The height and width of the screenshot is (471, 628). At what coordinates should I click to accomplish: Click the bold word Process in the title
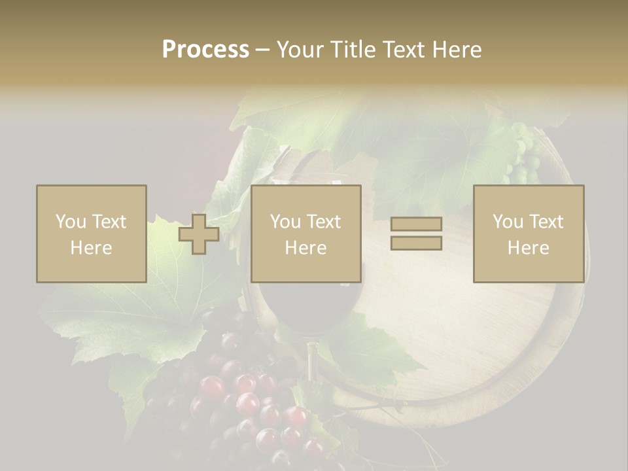pos(205,50)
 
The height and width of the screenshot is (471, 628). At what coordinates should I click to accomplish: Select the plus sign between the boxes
pos(199,234)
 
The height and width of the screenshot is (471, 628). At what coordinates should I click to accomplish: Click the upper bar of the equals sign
pos(416,224)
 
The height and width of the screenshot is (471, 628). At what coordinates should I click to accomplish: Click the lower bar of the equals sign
pos(416,243)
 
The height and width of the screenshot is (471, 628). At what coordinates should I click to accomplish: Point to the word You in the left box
pos(70,222)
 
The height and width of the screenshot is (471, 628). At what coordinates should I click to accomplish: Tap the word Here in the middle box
pos(305,248)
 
